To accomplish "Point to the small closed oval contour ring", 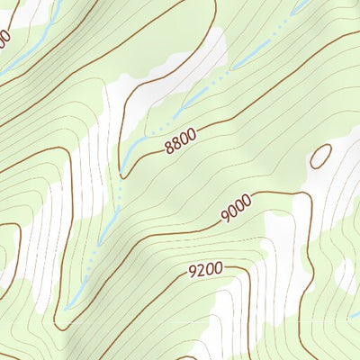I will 320,157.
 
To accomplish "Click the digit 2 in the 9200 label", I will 200,269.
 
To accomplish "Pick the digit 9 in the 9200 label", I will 192,270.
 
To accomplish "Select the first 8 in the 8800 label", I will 168,148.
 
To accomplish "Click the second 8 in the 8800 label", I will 175,144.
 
